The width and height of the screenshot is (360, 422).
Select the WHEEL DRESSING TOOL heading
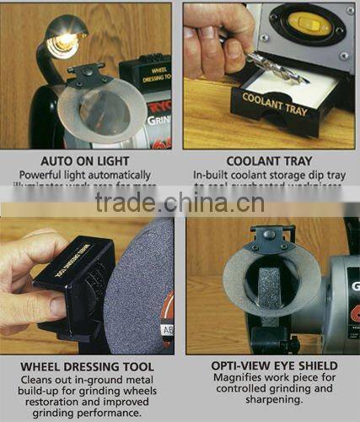(88, 367)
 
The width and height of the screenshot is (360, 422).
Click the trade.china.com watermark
(180, 203)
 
